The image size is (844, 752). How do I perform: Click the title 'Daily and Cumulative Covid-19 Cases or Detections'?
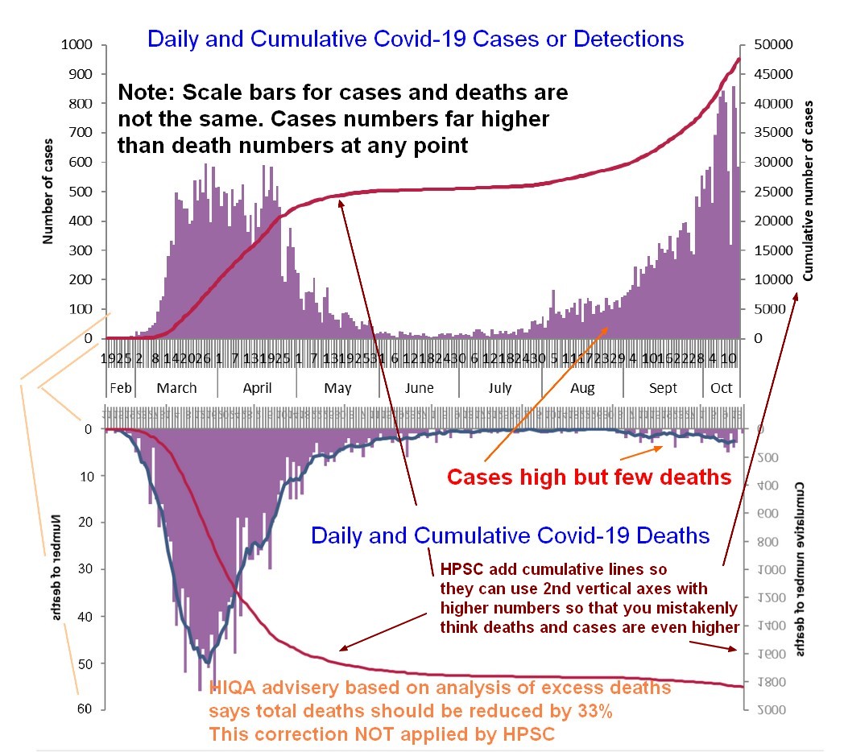[x=416, y=39]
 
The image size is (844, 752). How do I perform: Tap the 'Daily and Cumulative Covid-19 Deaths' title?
[x=511, y=535]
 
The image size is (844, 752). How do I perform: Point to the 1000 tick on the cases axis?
[x=77, y=45]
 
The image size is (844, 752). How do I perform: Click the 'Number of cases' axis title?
[x=49, y=192]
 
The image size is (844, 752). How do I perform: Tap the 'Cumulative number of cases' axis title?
[x=809, y=191]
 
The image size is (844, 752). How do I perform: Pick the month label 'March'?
[x=176, y=388]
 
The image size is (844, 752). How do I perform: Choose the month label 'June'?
[x=419, y=388]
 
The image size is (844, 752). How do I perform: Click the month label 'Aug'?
[x=582, y=388]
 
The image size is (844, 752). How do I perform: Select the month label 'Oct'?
[x=722, y=388]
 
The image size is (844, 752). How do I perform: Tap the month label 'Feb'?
[x=120, y=388]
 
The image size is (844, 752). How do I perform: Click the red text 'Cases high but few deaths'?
[x=589, y=477]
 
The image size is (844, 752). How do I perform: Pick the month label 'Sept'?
[x=664, y=388]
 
